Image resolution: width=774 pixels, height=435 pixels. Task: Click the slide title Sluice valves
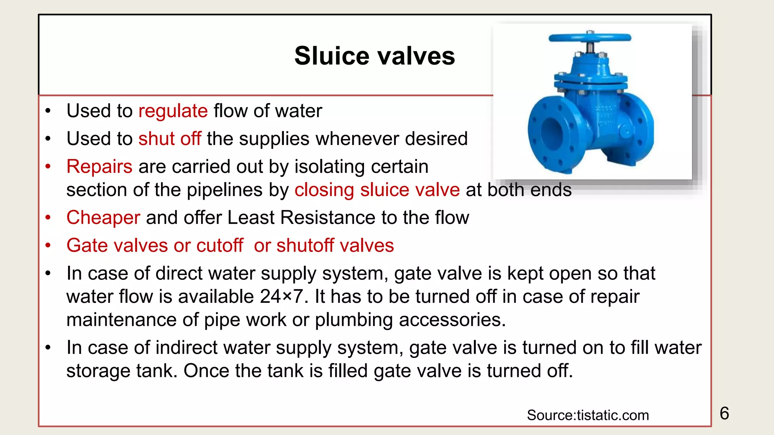click(x=375, y=56)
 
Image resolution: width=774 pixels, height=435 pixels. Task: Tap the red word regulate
click(x=173, y=111)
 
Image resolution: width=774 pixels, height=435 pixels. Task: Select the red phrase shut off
click(x=170, y=139)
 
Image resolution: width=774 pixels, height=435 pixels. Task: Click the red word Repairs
click(x=99, y=167)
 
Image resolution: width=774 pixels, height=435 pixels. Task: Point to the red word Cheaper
click(x=103, y=217)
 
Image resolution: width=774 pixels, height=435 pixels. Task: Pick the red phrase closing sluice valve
click(x=377, y=190)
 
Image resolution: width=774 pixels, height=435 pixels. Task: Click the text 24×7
click(x=281, y=297)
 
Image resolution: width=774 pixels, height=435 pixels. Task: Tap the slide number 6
click(x=724, y=413)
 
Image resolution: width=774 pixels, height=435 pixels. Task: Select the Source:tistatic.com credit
click(x=588, y=415)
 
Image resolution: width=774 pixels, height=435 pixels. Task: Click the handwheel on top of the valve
click(x=590, y=37)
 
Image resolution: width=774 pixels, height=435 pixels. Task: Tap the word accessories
click(x=452, y=320)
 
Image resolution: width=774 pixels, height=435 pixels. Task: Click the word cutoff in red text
click(x=220, y=245)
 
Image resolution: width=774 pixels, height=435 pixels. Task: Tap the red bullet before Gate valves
click(x=48, y=245)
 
